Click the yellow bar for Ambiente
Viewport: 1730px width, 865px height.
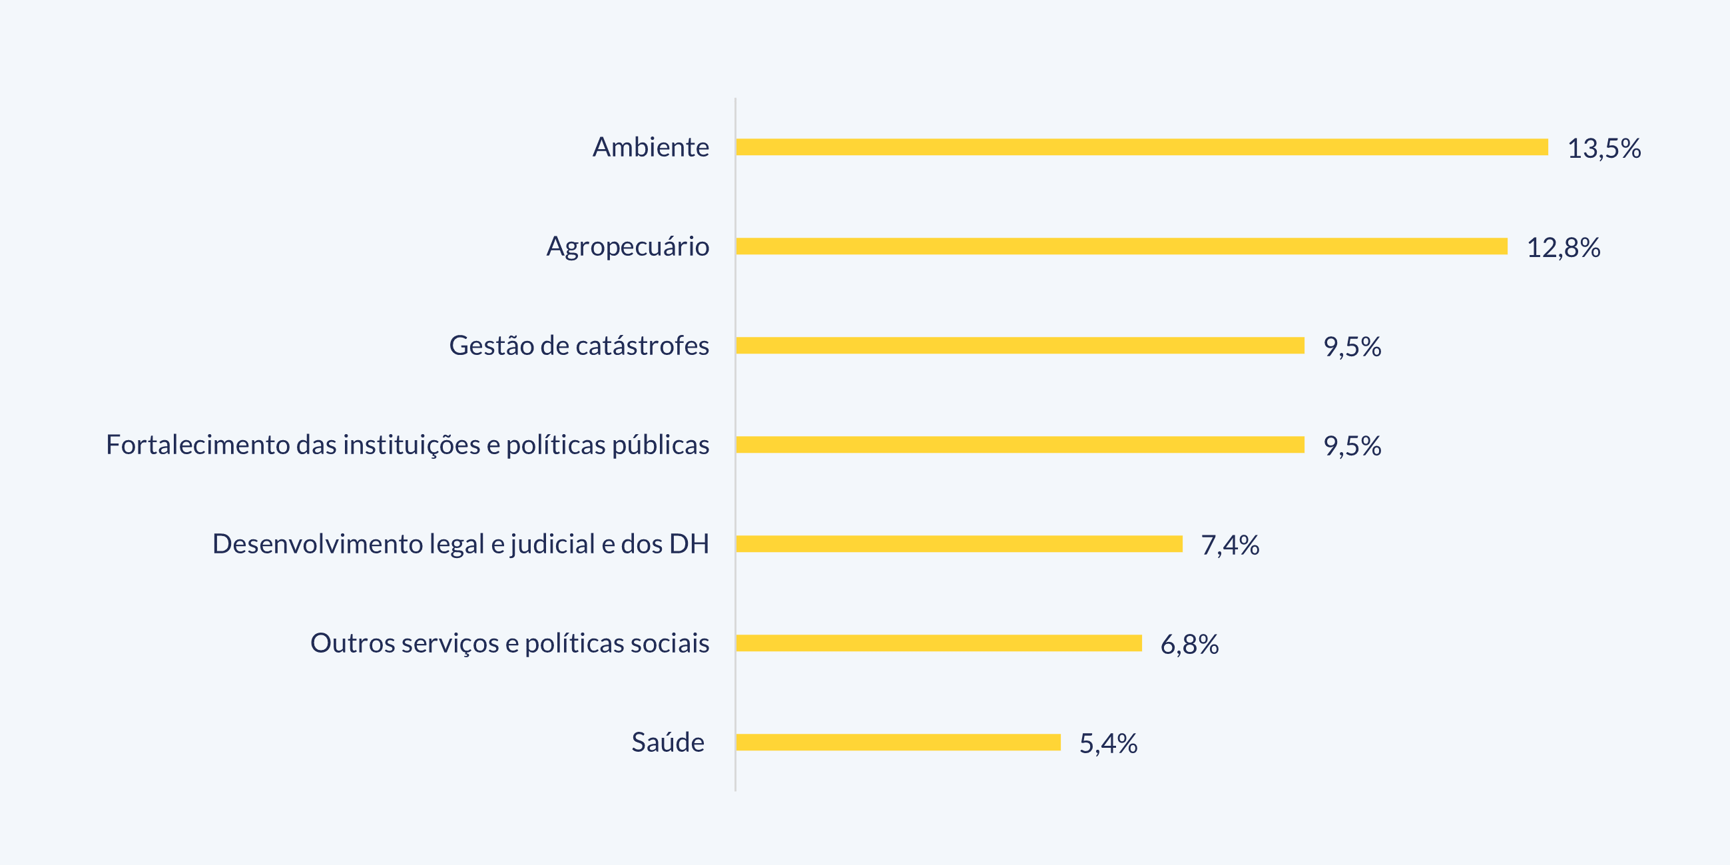pos(1142,147)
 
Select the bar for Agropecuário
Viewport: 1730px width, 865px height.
pos(1121,246)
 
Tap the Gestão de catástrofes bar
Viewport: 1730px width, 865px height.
pos(1020,345)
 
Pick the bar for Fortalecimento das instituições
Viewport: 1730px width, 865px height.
pos(1020,445)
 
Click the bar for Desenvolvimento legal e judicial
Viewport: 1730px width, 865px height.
pos(959,544)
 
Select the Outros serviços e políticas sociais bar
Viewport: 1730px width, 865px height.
pos(939,643)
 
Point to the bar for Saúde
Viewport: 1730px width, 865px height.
pos(898,742)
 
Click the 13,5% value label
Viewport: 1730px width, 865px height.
pos(1603,148)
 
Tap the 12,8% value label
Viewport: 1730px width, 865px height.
pos(1564,248)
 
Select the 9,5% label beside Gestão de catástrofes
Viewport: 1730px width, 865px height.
pos(1352,346)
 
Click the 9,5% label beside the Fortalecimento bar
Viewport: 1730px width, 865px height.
pos(1352,446)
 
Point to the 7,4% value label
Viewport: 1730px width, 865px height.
pos(1230,545)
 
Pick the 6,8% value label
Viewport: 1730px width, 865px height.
pos(1189,645)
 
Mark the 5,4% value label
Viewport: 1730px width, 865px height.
pos(1108,743)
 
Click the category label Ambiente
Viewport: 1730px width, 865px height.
pos(650,147)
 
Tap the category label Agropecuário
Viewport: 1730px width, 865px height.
pos(627,246)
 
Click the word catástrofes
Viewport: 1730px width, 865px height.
pos(642,345)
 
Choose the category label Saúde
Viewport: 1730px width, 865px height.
pos(667,742)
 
